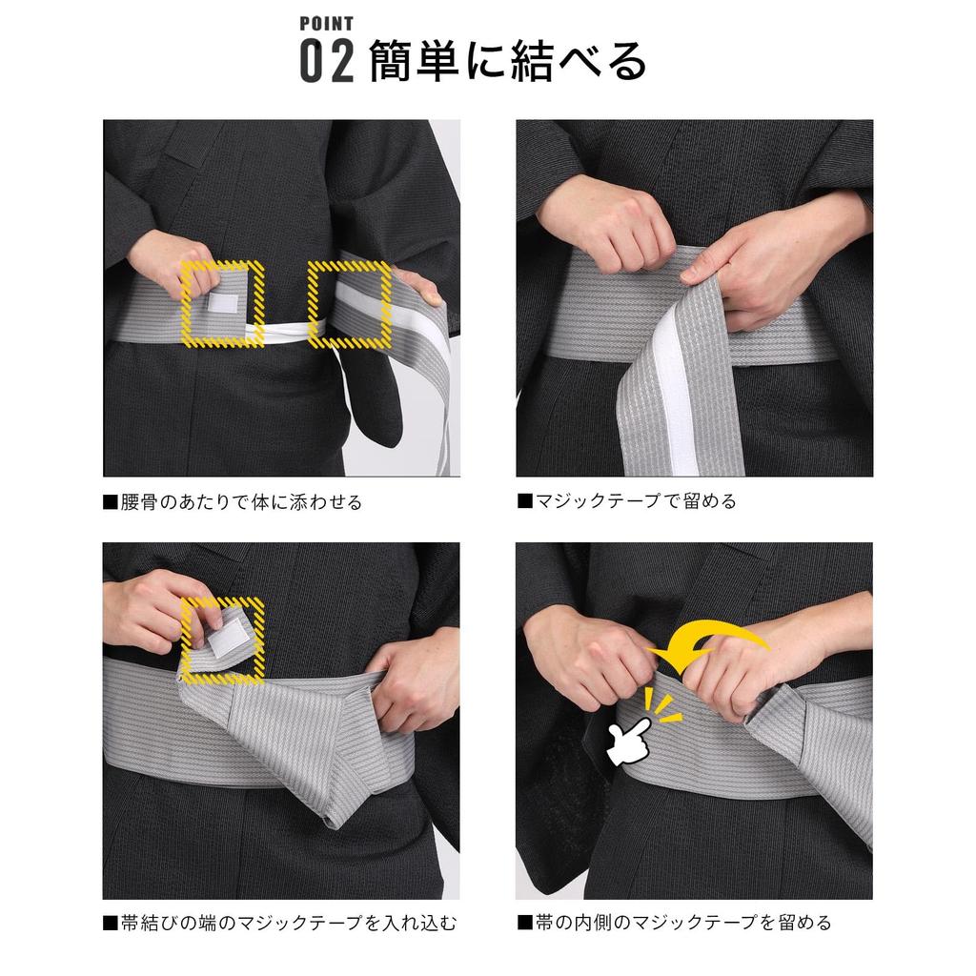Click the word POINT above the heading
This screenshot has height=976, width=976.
pyautogui.click(x=326, y=24)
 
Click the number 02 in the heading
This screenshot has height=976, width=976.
pyautogui.click(x=327, y=61)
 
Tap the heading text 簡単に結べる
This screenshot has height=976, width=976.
pyautogui.click(x=507, y=61)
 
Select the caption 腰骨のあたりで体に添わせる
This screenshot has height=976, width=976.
pyautogui.click(x=241, y=501)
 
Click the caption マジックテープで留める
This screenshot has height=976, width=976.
pyautogui.click(x=636, y=501)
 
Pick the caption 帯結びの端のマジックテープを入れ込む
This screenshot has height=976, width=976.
pyautogui.click(x=288, y=923)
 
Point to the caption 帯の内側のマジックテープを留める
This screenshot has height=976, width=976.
pyautogui.click(x=683, y=922)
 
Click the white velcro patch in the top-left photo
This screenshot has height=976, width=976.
pyautogui.click(x=223, y=303)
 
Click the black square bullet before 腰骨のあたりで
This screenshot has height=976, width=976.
pyautogui.click(x=111, y=501)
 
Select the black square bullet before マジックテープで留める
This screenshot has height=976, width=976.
pyautogui.click(x=525, y=501)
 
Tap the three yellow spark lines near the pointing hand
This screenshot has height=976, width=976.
pyautogui.click(x=661, y=705)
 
